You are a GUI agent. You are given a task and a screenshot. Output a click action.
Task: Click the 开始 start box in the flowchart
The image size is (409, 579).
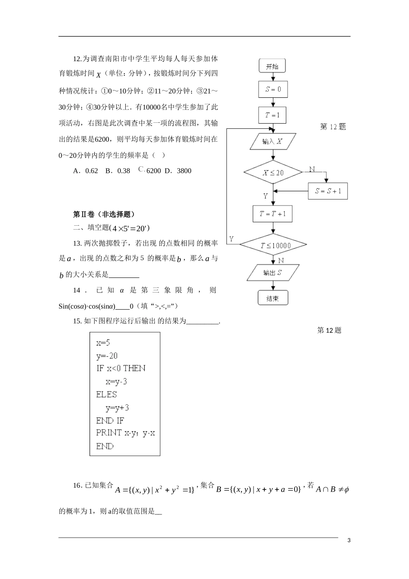(x=272, y=66)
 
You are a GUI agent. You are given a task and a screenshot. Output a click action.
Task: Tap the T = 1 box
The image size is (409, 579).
(x=273, y=115)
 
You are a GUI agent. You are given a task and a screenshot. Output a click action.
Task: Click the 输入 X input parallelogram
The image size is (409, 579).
(x=273, y=141)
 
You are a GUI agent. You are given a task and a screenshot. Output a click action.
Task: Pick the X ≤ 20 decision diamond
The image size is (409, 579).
(x=273, y=172)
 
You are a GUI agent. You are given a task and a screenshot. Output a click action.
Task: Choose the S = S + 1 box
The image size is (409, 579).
(x=328, y=191)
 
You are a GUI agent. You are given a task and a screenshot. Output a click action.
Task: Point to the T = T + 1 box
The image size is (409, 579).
(x=273, y=214)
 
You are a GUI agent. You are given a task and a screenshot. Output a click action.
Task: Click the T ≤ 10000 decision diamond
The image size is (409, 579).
(x=273, y=246)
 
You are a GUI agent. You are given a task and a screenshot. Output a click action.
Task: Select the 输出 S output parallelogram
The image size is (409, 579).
(x=273, y=273)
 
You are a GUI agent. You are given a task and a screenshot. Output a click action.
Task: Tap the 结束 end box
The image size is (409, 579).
(x=273, y=298)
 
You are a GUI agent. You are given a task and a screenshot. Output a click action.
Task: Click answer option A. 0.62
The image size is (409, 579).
(x=86, y=171)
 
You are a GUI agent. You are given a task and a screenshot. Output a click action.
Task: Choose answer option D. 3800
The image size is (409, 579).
(x=178, y=171)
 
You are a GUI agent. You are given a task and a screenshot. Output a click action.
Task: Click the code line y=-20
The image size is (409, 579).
(x=107, y=356)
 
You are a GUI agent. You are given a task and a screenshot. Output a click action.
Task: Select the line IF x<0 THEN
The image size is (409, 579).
(x=121, y=368)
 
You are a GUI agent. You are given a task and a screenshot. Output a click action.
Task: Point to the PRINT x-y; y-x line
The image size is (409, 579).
(x=125, y=433)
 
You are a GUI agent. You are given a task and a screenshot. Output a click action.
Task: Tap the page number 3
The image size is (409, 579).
(x=349, y=541)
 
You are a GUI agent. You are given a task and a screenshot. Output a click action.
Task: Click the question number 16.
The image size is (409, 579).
(x=77, y=486)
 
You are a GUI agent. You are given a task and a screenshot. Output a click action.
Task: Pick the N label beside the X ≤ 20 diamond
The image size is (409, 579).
(x=312, y=169)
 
